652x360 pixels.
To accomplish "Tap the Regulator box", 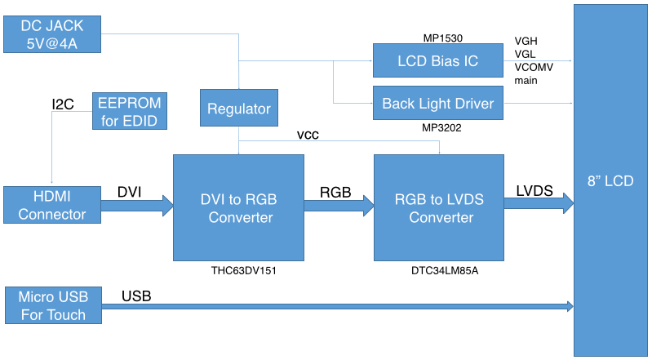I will [x=238, y=109].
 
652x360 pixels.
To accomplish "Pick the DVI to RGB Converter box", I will [x=238, y=207].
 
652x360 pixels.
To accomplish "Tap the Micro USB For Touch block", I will [x=52, y=305].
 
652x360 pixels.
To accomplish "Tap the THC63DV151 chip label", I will [x=238, y=269].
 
